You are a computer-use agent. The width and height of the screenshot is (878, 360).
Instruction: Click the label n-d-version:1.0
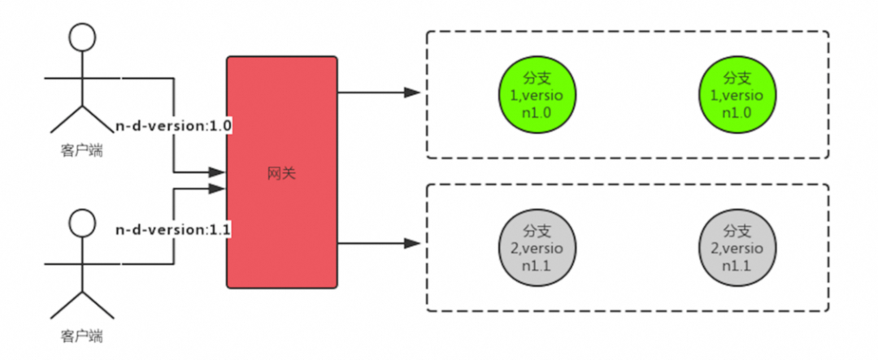click(x=174, y=127)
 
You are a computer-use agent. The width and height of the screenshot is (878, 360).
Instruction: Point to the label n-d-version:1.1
click(x=174, y=229)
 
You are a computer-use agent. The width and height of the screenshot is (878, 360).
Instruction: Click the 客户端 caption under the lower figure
click(x=80, y=336)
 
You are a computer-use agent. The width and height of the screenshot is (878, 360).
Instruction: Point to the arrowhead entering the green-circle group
click(x=413, y=93)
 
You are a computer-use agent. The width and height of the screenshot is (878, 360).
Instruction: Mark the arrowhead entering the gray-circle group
click(x=413, y=242)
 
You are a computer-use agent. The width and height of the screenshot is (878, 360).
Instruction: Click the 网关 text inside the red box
click(x=281, y=174)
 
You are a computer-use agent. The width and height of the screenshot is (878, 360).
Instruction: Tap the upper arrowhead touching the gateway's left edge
click(x=218, y=172)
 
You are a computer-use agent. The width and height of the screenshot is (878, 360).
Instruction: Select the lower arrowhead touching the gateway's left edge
click(x=218, y=189)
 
